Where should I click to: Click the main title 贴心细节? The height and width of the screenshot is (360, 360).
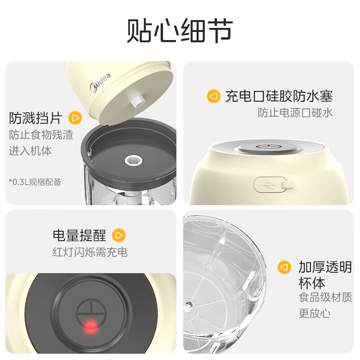180,31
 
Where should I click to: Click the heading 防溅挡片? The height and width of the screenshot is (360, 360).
36,118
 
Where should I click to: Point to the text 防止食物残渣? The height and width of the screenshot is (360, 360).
41,135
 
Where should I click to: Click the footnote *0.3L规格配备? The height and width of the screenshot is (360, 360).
35,182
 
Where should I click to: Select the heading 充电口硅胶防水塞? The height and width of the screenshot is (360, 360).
279,96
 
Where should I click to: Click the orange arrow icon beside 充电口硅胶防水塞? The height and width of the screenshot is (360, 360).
213,96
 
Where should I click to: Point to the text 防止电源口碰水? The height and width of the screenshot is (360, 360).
295,112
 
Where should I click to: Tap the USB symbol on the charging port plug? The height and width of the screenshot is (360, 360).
267,184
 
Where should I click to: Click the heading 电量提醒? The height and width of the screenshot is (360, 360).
79,235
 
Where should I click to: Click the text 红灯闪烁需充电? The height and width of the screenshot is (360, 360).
90,252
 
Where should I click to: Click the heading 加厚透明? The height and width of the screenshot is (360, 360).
325,267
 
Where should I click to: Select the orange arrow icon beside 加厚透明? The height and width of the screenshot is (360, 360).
283,267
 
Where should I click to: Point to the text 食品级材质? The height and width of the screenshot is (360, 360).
325,297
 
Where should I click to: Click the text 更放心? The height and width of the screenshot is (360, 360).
312,313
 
